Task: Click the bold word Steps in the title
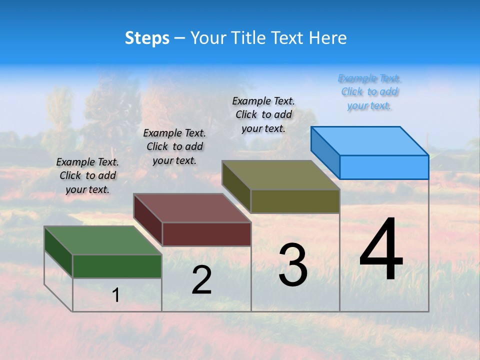click(147, 38)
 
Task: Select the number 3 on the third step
click(293, 265)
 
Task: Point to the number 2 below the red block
click(201, 279)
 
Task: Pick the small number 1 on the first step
click(115, 295)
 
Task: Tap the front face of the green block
click(117, 266)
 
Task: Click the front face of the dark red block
click(206, 234)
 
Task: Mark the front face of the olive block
click(295, 201)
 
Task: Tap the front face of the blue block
click(384, 167)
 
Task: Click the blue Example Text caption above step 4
click(369, 92)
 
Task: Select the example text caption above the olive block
click(263, 114)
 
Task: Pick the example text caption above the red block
click(174, 146)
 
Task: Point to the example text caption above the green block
click(87, 175)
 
